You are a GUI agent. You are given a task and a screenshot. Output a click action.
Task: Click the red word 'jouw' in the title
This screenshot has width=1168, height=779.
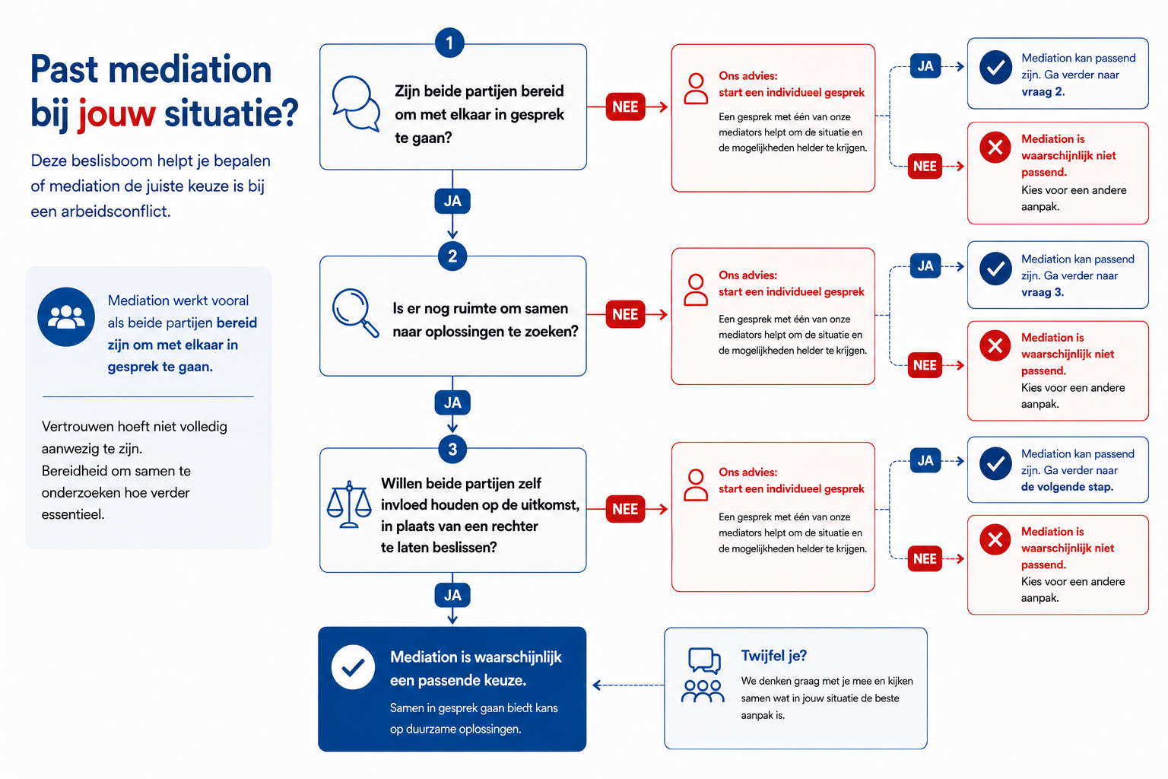point(117,113)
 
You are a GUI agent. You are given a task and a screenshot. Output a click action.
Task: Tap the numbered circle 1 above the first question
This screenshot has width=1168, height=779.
point(449,43)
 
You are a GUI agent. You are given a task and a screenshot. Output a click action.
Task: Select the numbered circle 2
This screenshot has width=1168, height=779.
point(452,256)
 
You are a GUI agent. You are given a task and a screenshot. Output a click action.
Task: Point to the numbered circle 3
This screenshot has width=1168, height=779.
point(452,449)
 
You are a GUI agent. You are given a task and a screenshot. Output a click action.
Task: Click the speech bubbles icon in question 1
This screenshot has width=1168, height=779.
point(356,103)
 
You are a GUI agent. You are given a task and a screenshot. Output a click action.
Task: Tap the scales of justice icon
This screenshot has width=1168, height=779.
point(349,504)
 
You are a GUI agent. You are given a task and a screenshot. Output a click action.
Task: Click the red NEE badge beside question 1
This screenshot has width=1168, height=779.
point(625,107)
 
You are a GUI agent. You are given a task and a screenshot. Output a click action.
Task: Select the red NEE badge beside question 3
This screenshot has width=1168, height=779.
point(625,509)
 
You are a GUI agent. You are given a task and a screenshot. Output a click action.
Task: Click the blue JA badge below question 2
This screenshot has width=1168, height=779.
point(452,402)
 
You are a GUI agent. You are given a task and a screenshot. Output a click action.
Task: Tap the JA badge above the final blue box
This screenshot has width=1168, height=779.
point(452,595)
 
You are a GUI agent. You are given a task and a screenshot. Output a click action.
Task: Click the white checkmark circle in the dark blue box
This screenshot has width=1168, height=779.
point(353,667)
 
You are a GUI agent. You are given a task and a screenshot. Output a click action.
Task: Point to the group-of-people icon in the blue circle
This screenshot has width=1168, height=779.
point(66,316)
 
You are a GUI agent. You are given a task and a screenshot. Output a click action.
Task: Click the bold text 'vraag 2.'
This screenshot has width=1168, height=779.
point(1043,92)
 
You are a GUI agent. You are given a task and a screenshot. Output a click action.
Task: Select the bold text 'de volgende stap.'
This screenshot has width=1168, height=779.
point(1067,487)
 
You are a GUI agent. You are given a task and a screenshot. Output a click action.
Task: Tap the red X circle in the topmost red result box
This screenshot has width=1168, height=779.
point(995,147)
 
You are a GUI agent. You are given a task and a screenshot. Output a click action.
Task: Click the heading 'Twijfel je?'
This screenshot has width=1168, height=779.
point(774,655)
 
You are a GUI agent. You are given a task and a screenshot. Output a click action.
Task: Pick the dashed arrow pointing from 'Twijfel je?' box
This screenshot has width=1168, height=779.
point(628,685)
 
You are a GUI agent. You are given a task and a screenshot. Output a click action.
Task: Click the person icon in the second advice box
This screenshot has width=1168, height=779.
point(696,290)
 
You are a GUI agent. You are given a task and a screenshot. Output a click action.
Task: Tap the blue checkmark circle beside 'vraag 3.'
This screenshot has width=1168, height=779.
point(995,269)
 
